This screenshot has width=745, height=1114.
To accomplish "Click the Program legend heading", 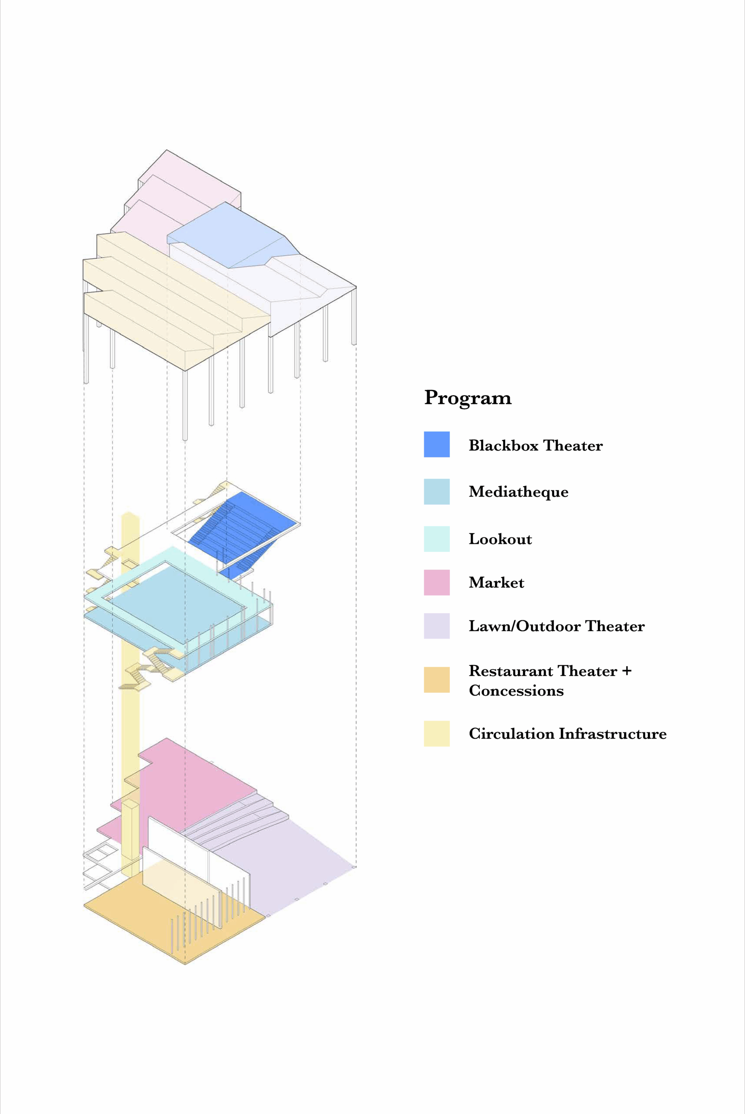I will point(468,397).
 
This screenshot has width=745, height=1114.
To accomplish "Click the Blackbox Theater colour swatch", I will point(437,444).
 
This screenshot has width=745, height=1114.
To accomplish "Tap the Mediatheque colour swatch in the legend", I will point(437,491).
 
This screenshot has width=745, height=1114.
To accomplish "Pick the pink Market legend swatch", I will point(437,582).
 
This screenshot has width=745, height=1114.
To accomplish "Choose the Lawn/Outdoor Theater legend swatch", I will point(437,625).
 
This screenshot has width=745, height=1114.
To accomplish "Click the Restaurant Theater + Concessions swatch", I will point(437,680).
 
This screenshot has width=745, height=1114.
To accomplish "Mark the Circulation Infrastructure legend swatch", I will point(437,733).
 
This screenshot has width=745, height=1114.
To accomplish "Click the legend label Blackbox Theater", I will point(536,446).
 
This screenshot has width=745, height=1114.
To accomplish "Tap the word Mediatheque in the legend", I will point(518,492).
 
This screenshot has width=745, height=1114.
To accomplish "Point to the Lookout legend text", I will point(500,539).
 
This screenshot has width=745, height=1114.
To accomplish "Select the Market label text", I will point(496,583).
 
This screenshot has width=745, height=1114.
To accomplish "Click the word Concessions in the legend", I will point(516,691).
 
